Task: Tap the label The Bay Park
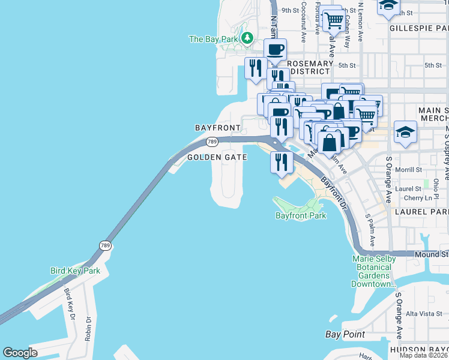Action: tap(213, 39)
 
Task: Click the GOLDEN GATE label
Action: tap(217, 157)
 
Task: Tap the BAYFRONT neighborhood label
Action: tap(217, 128)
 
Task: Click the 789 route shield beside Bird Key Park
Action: tap(104, 245)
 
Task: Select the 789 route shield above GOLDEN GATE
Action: tap(211, 142)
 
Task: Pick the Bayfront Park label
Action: tap(301, 215)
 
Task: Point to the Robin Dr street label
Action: tap(88, 329)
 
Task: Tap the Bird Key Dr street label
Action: tap(70, 307)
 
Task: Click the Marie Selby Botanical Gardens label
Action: tap(373, 271)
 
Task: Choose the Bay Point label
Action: tap(345, 334)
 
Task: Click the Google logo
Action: tap(20, 352)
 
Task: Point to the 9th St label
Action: tap(290, 10)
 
